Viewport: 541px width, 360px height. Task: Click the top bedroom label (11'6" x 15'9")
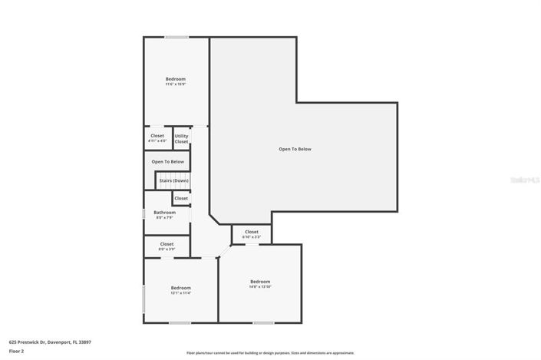pyautogui.click(x=175, y=81)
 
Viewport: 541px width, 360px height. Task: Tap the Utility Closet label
pyautogui.click(x=181, y=138)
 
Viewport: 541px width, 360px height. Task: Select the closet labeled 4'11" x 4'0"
pyautogui.click(x=157, y=138)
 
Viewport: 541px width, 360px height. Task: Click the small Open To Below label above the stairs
pyautogui.click(x=167, y=162)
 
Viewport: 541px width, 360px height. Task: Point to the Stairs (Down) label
pyautogui.click(x=173, y=180)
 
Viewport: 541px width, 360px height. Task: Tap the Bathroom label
pyautogui.click(x=164, y=214)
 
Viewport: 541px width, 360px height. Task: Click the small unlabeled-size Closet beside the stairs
pyautogui.click(x=181, y=198)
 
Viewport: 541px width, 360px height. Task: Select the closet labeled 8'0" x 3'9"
pyautogui.click(x=167, y=246)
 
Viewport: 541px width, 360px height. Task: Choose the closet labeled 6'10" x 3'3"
pyautogui.click(x=251, y=234)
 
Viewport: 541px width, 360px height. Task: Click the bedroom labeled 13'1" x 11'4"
pyautogui.click(x=180, y=290)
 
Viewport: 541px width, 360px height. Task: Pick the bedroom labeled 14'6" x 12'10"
pyautogui.click(x=259, y=284)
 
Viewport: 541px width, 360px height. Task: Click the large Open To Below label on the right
pyautogui.click(x=295, y=149)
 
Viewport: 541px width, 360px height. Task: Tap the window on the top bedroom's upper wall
pyautogui.click(x=177, y=37)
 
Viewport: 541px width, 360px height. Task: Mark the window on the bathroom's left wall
pyautogui.click(x=144, y=215)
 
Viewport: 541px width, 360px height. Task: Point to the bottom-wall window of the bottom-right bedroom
pyautogui.click(x=262, y=322)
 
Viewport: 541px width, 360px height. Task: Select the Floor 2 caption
pyautogui.click(x=17, y=351)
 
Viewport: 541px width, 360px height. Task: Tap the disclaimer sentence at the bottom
pyautogui.click(x=270, y=353)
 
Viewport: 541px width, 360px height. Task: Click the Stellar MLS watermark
pyautogui.click(x=526, y=180)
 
